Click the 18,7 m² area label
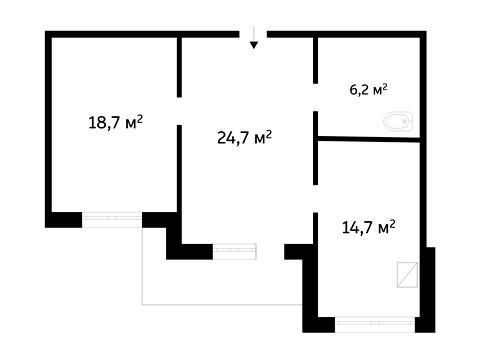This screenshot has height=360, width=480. point(115,122)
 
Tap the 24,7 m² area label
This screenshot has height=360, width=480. point(244,137)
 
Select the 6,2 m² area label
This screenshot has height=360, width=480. point(368,90)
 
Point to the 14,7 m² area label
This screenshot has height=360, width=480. point(369,227)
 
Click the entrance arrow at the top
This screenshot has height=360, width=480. point(254,37)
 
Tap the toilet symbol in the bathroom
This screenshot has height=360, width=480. point(398,121)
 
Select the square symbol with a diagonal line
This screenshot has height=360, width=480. point(407,275)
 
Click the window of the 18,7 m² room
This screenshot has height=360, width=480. point(112,219)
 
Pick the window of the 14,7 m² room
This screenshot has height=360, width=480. point(375,324)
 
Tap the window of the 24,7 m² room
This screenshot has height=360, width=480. point(235,251)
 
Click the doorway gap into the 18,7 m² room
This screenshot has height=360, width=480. point(179,111)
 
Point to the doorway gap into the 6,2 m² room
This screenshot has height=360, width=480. point(315,97)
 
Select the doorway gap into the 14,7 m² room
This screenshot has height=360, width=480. point(315,199)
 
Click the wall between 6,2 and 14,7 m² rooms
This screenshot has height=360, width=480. point(369,139)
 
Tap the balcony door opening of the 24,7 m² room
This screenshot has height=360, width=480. point(270,251)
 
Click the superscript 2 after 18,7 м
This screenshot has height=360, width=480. point(140,118)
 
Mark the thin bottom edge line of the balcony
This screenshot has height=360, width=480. point(222,304)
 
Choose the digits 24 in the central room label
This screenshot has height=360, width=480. point(226,137)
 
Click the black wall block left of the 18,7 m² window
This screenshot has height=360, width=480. point(64,220)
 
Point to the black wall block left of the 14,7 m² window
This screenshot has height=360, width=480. point(319,325)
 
